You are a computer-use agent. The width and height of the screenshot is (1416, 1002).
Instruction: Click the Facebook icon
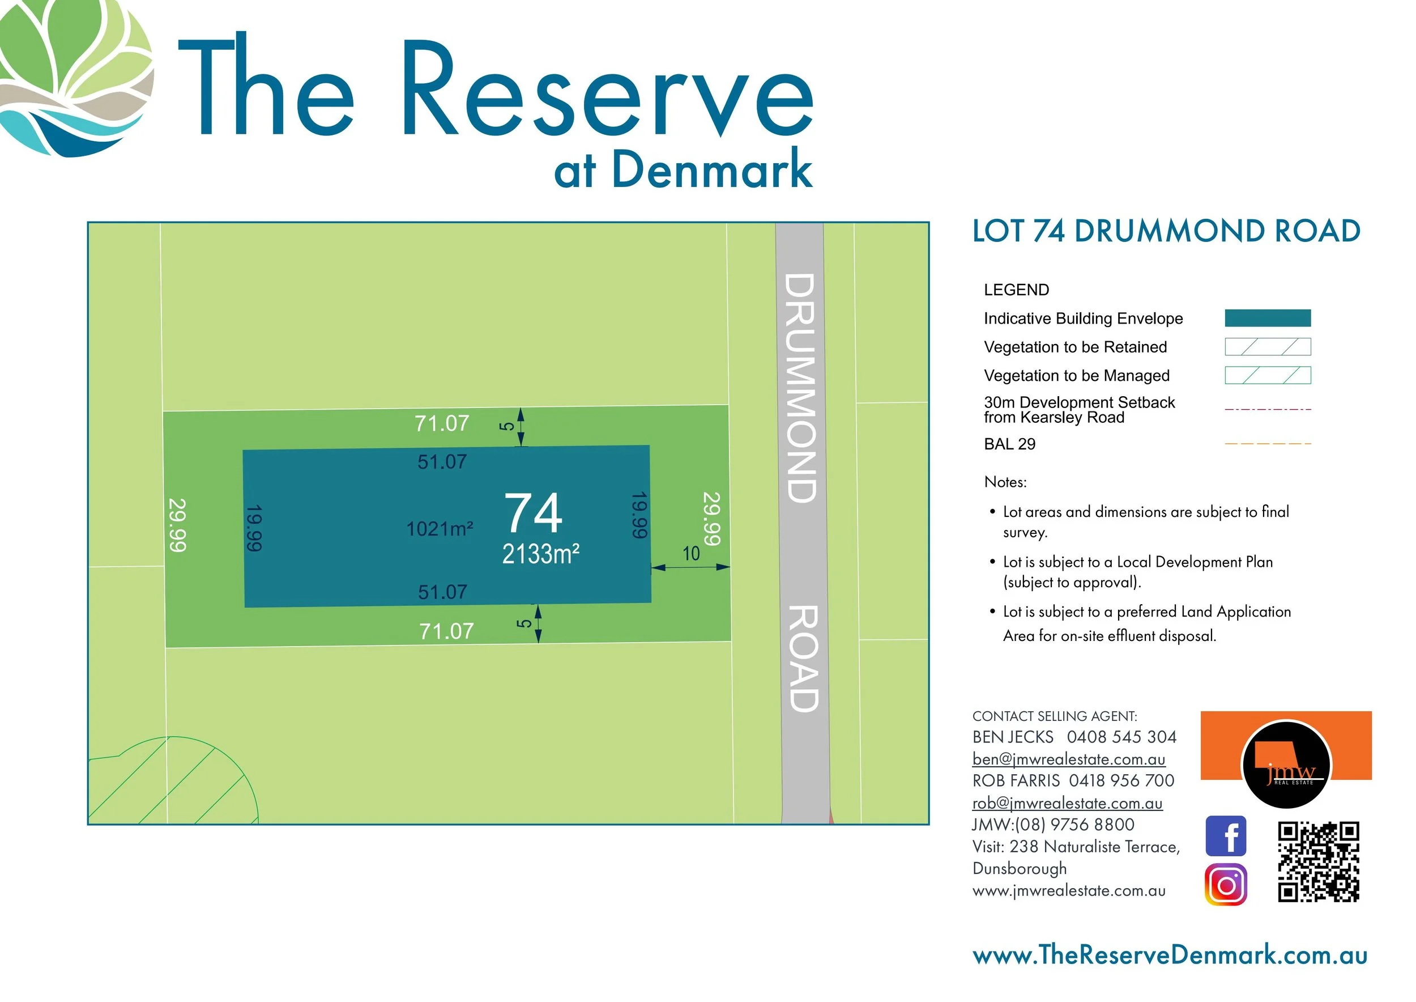1226,836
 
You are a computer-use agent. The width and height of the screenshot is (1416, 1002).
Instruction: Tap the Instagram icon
1226,885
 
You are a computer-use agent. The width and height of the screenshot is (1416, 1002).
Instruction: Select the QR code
1319,861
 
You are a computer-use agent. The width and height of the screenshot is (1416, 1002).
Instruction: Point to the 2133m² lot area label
540,554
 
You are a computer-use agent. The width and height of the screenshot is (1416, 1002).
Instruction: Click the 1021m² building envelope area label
439,529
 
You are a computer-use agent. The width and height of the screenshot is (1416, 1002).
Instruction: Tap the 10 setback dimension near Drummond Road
691,554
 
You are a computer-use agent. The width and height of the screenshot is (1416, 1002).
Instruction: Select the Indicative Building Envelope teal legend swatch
1268,318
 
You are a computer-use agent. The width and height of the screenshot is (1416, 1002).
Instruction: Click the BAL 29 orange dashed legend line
1268,444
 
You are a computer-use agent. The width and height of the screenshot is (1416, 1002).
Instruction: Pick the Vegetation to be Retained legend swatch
1268,347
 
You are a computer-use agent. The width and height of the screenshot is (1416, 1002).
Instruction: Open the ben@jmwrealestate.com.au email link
1069,759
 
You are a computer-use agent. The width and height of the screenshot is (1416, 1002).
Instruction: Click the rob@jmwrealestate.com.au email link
1067,803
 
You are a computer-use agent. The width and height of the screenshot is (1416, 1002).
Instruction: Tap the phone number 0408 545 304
1121,737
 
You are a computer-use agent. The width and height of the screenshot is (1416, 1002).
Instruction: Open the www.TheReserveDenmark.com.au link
1170,955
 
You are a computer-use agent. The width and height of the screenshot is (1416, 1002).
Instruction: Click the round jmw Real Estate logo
1286,766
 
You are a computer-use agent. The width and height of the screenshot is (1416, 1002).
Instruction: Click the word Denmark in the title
712,169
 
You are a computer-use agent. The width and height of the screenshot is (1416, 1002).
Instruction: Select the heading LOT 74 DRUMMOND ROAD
1166,231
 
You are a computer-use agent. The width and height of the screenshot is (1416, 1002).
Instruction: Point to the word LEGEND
1016,290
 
